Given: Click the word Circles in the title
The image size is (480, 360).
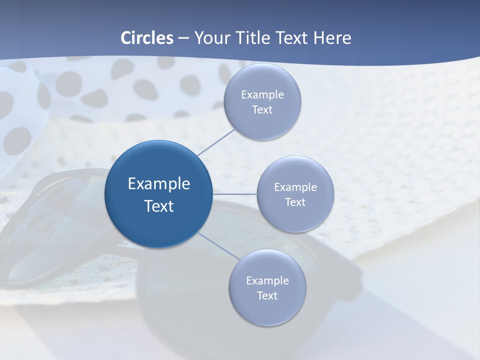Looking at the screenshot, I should point(147,38).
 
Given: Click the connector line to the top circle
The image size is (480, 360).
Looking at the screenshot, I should point(216,142).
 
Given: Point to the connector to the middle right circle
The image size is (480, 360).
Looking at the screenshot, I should point(234,193).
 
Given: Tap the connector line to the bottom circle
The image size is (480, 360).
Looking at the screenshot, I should point(218,246).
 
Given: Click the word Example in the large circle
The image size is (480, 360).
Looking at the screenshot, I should point(158,183).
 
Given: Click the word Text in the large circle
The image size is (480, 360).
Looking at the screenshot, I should point(158,206).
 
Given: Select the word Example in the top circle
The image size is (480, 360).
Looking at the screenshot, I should point(262,94).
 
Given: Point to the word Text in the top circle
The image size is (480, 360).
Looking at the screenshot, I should point(262,109).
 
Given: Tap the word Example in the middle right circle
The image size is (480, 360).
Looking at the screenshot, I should point(295,187).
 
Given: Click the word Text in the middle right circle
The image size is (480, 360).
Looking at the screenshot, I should point(295,202).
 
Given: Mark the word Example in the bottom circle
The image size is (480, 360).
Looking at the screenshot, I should point(267,280).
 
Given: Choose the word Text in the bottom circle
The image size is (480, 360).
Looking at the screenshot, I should point(267,295).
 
